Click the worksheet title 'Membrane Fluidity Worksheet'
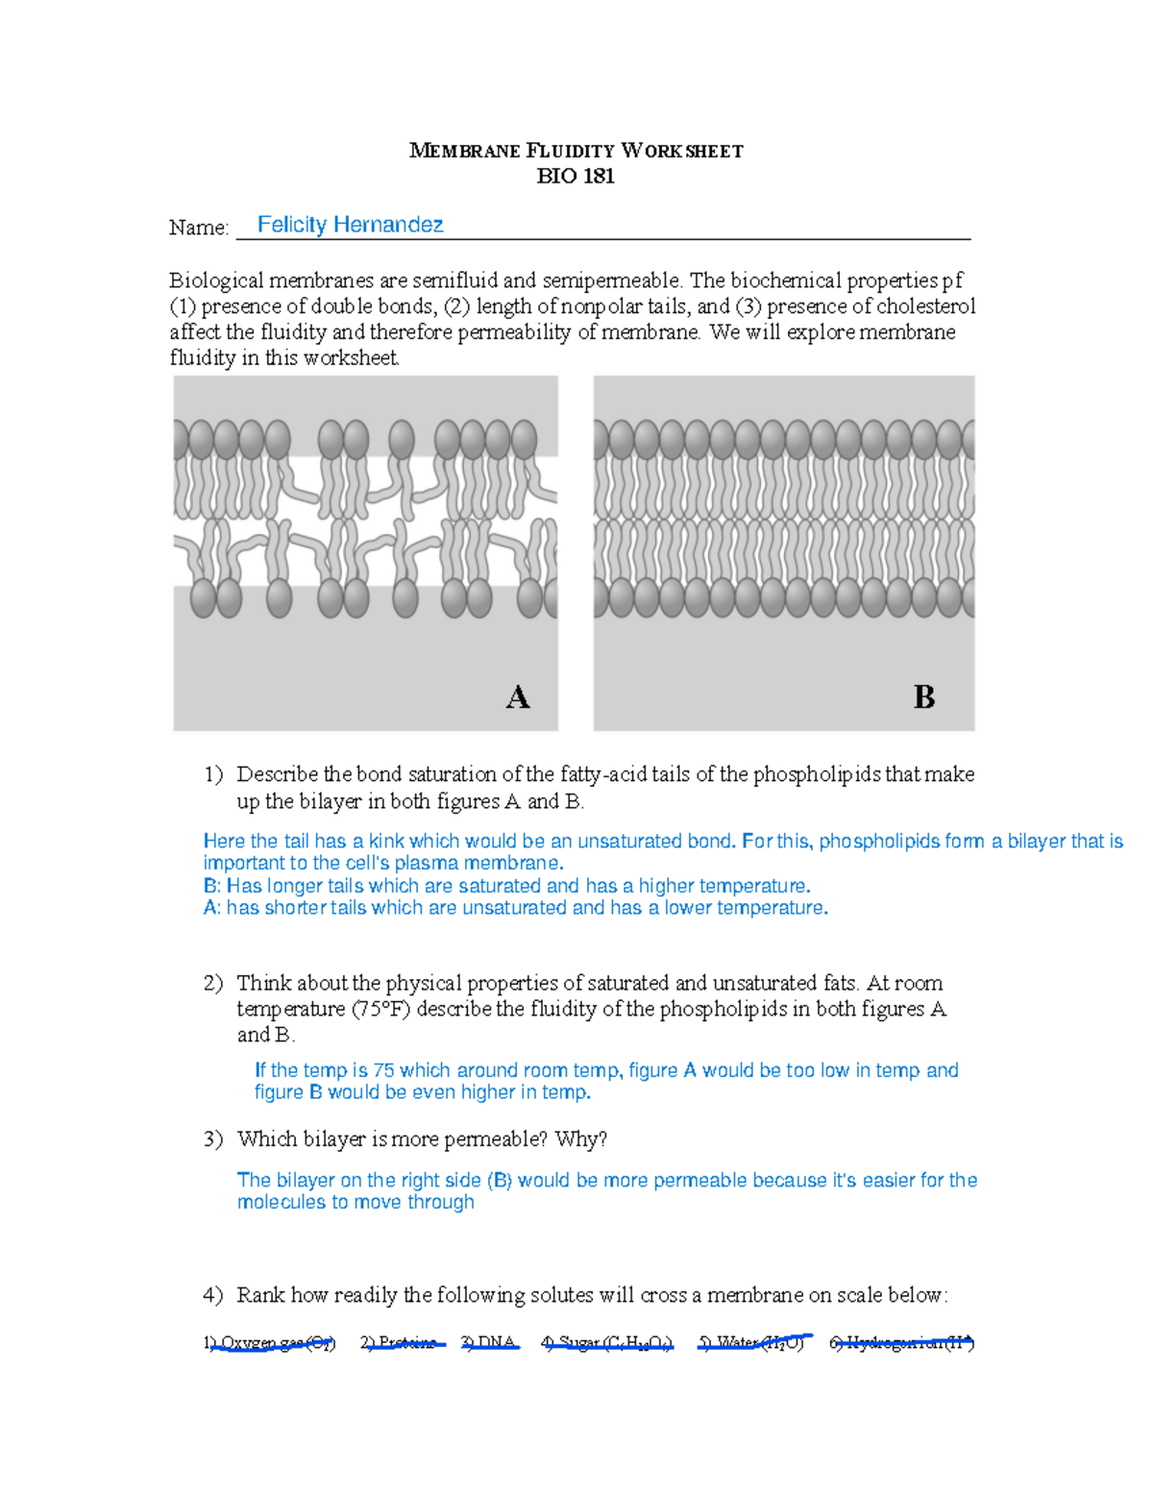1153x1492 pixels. click(x=576, y=151)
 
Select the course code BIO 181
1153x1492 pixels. click(x=576, y=176)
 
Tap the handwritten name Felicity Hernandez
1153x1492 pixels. click(x=350, y=225)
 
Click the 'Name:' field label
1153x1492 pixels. click(x=199, y=228)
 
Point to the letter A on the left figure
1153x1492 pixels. click(x=518, y=697)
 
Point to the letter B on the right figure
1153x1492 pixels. click(x=924, y=697)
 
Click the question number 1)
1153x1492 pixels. click(x=213, y=774)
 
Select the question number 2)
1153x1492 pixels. click(x=213, y=983)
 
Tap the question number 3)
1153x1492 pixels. click(x=213, y=1139)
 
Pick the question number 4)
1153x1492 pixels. click(x=213, y=1295)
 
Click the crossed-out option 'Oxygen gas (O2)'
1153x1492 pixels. click(x=270, y=1343)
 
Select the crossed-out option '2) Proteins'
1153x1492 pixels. click(x=401, y=1343)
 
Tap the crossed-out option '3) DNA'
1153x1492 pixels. click(x=489, y=1343)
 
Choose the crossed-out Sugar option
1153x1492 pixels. click(x=607, y=1343)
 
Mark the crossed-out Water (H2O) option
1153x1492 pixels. click(x=752, y=1342)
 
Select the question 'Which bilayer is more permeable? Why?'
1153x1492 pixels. click(x=422, y=1139)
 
